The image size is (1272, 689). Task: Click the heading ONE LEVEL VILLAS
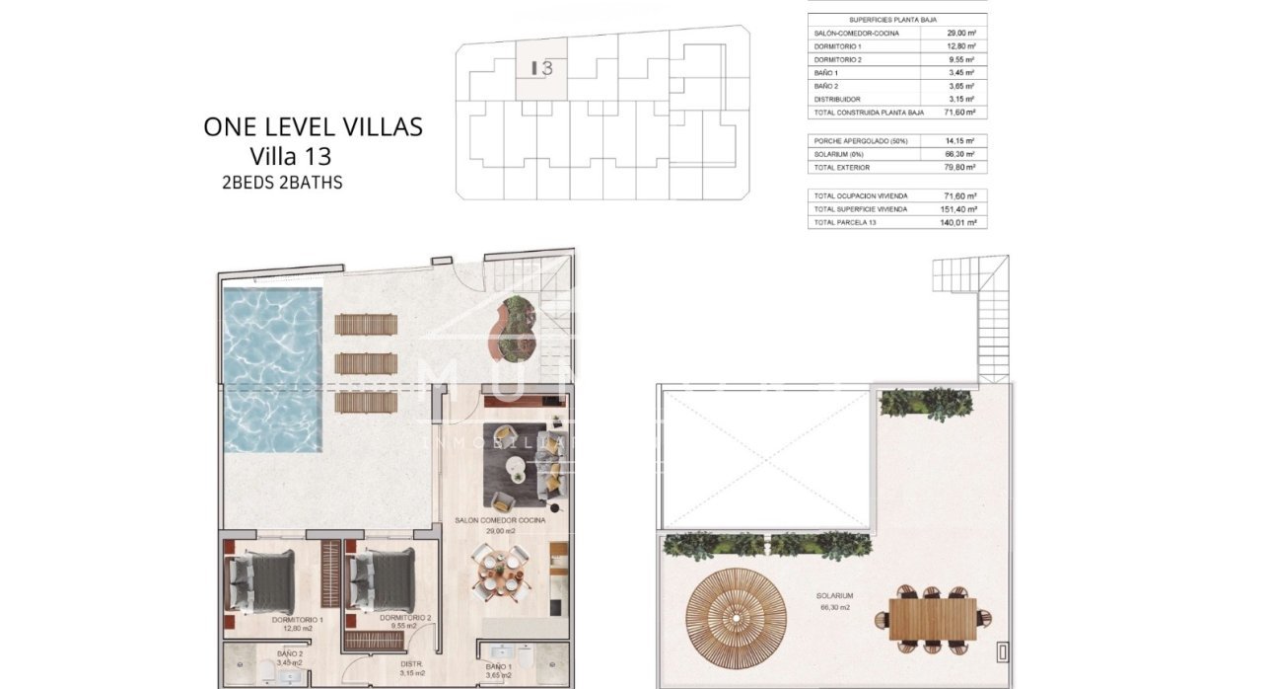(313, 127)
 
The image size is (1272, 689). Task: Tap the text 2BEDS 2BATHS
(283, 183)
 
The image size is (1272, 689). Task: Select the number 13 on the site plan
(542, 69)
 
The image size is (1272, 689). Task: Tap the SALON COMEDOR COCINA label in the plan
(501, 520)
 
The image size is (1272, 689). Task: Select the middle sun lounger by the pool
(366, 363)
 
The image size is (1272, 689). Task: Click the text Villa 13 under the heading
(291, 156)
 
